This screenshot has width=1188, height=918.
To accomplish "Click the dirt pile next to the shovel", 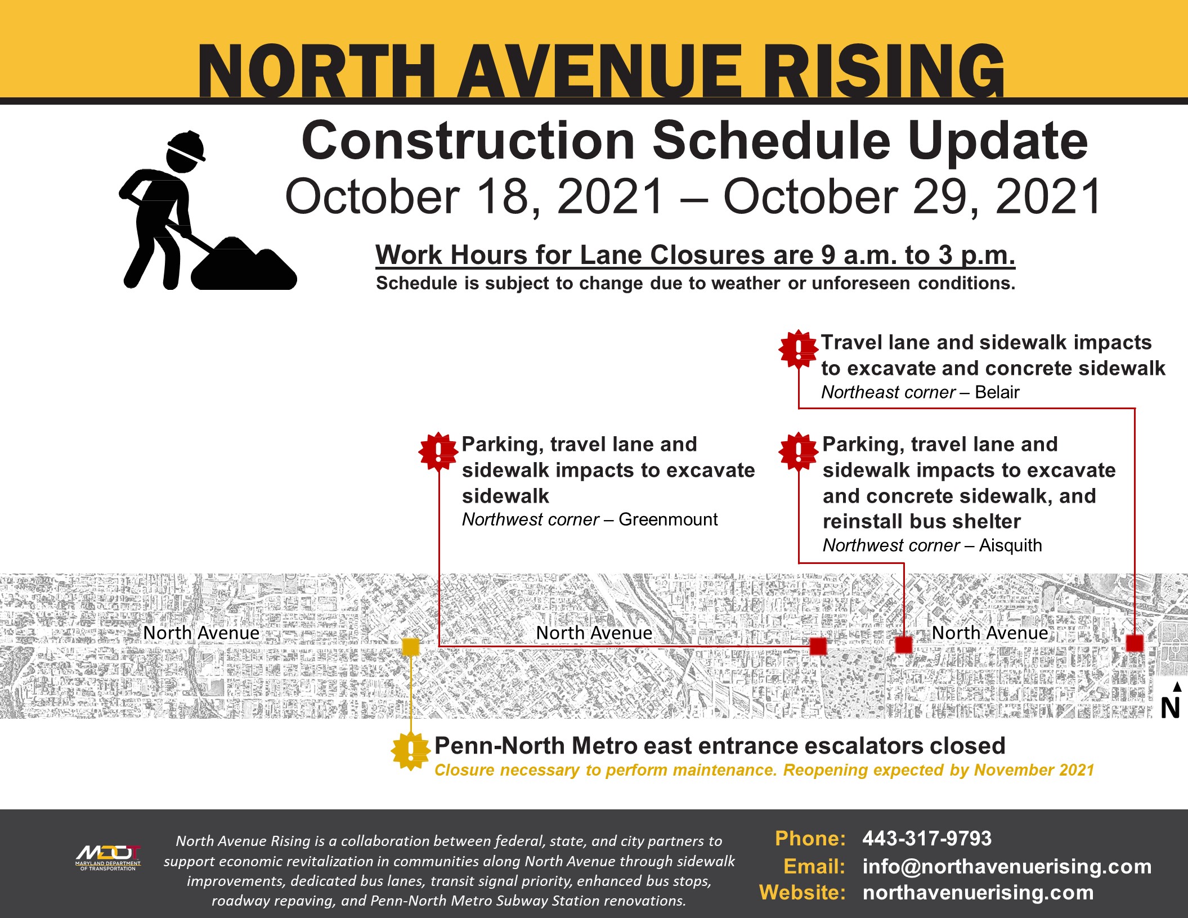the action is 244,265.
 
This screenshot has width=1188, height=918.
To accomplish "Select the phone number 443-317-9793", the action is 927,838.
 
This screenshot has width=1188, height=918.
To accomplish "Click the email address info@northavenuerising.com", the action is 1007,866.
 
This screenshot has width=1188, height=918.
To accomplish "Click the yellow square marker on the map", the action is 411,647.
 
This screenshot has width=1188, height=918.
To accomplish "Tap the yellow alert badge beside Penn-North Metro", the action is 411,750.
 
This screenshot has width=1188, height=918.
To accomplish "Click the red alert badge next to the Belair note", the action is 798,349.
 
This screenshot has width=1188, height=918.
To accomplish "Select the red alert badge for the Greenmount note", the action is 438,451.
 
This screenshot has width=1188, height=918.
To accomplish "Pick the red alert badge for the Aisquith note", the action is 798,451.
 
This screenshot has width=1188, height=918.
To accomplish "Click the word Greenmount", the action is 668,519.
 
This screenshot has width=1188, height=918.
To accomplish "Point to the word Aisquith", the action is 1010,545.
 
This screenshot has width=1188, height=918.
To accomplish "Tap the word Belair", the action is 997,392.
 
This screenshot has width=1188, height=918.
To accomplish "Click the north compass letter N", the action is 1170,707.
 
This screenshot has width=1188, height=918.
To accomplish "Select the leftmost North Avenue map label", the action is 201,633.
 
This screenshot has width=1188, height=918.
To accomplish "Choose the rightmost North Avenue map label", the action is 990,633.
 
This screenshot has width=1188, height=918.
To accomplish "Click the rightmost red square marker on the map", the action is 1135,643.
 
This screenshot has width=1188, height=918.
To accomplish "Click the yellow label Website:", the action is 802,892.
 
